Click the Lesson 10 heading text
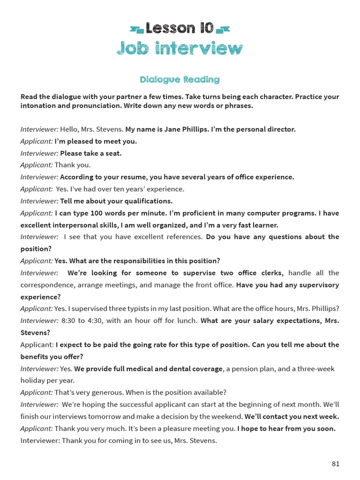tap(180, 29)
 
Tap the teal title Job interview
tap(180, 48)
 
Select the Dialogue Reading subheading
tap(180, 80)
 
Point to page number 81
tap(335, 464)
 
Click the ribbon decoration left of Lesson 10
tap(137, 30)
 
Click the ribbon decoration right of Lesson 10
tap(223, 30)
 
